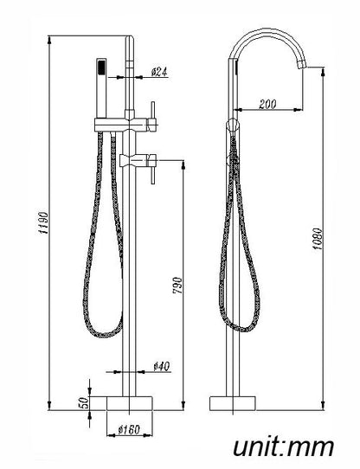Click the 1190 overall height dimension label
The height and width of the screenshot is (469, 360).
pyautogui.click(x=43, y=223)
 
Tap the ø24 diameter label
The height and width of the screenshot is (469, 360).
pyautogui.click(x=159, y=72)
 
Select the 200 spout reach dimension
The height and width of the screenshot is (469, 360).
pyautogui.click(x=267, y=104)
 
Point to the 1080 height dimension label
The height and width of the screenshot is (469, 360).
pyautogui.click(x=318, y=239)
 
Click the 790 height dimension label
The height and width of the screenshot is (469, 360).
pyautogui.click(x=177, y=285)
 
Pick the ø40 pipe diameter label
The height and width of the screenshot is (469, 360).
pyautogui.click(x=162, y=366)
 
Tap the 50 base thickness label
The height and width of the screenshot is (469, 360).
pyautogui.click(x=86, y=402)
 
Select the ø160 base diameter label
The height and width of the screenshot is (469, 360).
pyautogui.click(x=129, y=430)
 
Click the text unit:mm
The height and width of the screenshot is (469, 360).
pyautogui.click(x=283, y=447)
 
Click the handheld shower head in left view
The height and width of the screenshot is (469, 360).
pyautogui.click(x=101, y=88)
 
